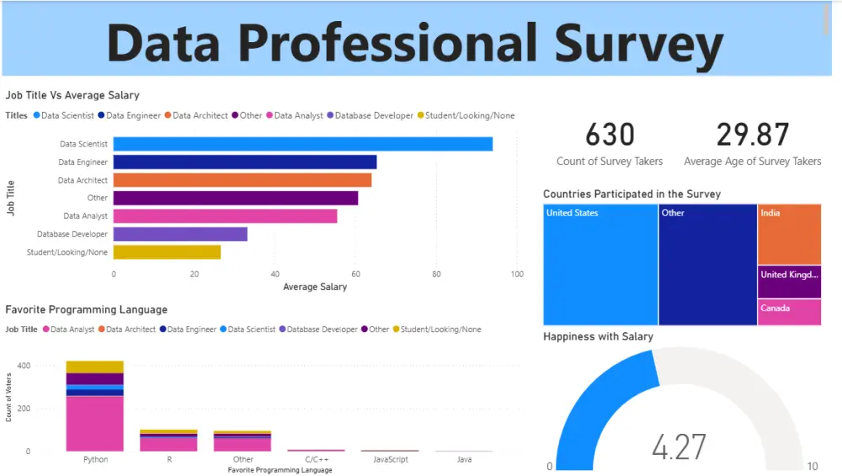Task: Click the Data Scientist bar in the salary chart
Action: (302, 144)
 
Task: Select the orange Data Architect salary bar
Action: (242, 180)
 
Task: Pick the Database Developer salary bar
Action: (180, 234)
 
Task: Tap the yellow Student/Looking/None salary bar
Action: (167, 252)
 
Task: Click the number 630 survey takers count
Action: (610, 136)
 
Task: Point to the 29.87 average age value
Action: (753, 136)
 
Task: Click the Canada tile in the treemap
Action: (789, 312)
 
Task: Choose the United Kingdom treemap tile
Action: (789, 282)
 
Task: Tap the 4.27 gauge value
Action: (679, 447)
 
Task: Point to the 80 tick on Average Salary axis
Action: (436, 274)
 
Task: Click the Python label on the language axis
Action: (95, 459)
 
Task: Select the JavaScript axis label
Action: (390, 459)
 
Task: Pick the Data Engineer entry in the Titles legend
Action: (132, 115)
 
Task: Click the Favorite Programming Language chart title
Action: (86, 310)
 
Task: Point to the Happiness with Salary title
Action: (598, 336)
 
